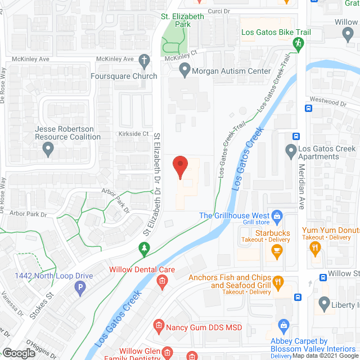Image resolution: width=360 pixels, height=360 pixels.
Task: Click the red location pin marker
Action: (x=180, y=166)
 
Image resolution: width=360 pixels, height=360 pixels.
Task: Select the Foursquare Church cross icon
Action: (x=144, y=60)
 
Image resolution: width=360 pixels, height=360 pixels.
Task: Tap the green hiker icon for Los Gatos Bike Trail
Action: (x=298, y=43)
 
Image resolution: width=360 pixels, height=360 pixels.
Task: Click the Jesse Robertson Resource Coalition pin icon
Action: (x=48, y=149)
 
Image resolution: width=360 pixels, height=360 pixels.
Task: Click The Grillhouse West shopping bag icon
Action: (x=277, y=215)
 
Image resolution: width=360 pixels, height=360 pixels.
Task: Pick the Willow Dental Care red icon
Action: (x=162, y=281)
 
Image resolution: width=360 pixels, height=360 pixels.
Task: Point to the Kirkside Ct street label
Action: (x=133, y=134)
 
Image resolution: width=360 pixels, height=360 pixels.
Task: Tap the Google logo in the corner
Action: (x=19, y=353)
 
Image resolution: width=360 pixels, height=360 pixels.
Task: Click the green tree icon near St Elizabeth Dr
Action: (x=144, y=247)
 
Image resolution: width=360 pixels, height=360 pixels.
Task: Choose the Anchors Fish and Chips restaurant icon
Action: (x=278, y=282)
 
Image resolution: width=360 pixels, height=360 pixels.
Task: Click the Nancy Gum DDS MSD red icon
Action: (x=159, y=326)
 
